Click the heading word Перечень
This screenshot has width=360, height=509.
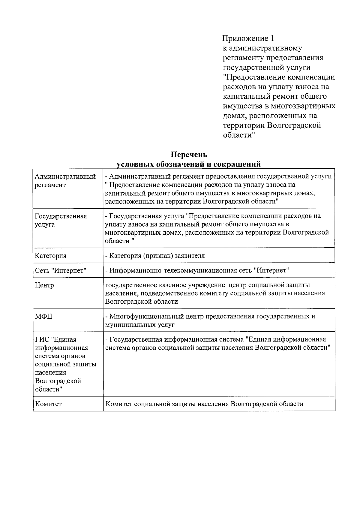pyautogui.click(x=189, y=155)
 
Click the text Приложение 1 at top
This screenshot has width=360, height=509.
pyautogui.click(x=248, y=38)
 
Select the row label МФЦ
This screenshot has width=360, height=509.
pyautogui.click(x=43, y=316)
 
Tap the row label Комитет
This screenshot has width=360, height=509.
pyautogui.click(x=48, y=404)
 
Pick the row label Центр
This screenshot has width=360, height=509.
pyautogui.click(x=44, y=285)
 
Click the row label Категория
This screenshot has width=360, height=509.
pyautogui.click(x=51, y=256)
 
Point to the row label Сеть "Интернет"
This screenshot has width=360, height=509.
pyautogui.click(x=61, y=271)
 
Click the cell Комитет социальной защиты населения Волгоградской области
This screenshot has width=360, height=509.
pyautogui.click(x=204, y=404)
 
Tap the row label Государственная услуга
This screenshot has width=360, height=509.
pyautogui.click(x=61, y=220)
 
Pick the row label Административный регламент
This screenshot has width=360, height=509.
pyautogui.click(x=65, y=181)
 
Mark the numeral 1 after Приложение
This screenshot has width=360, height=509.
pyautogui.click(x=272, y=38)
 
